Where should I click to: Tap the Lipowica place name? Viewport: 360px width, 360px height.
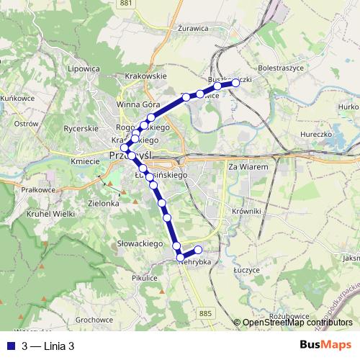point(84,69)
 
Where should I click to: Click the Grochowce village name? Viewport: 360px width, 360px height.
point(94,319)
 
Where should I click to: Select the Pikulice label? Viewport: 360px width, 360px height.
point(145,277)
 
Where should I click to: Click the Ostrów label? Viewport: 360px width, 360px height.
point(26,124)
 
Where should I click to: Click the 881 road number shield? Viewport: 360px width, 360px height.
point(127,4)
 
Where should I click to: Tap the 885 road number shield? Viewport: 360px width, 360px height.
point(207,312)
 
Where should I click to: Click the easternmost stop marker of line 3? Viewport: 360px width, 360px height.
point(235,83)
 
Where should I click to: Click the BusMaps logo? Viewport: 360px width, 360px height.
point(325,345)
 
